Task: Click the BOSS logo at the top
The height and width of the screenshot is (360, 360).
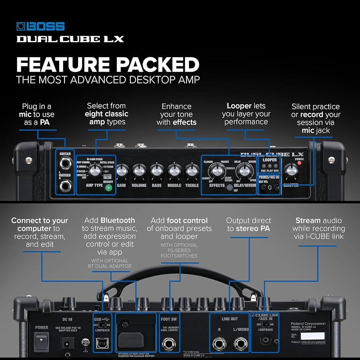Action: point(40,27)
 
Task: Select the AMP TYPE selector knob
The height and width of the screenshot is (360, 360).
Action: point(95,171)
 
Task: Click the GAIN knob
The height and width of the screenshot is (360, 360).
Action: point(122,172)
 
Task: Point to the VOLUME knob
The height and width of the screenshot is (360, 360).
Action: point(139,172)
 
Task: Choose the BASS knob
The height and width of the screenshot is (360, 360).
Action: point(157,172)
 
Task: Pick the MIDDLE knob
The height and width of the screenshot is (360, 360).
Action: point(174,172)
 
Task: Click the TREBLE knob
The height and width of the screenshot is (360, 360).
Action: point(192,172)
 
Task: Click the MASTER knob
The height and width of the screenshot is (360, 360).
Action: point(290,172)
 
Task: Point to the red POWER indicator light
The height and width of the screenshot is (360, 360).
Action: point(299,163)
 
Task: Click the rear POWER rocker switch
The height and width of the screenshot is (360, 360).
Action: point(41,341)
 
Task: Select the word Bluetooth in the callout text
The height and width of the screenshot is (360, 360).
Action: point(118,220)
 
